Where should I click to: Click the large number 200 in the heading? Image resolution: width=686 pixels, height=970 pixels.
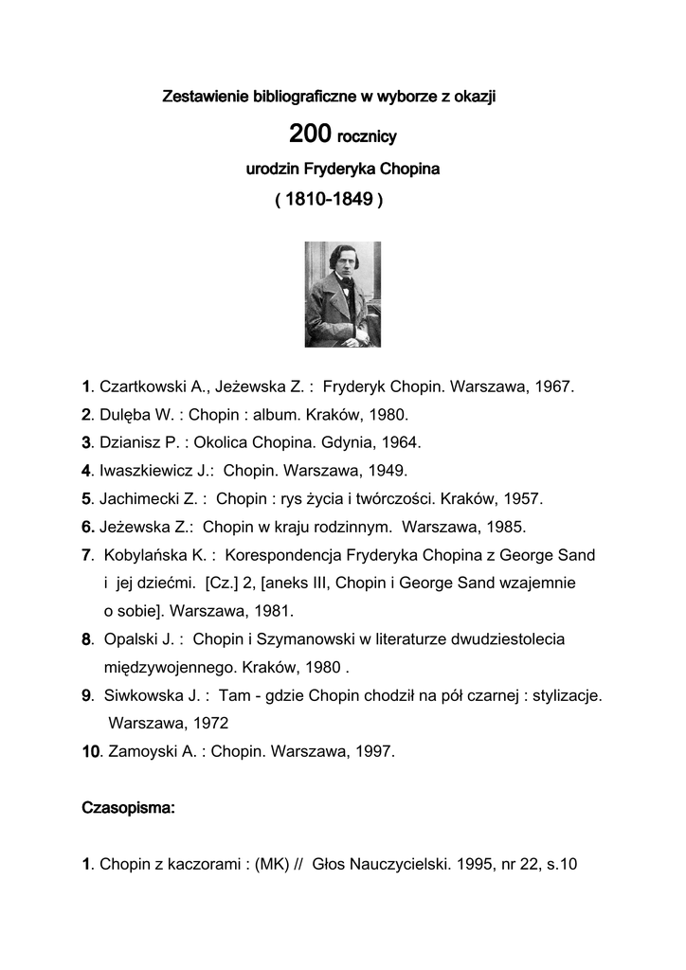310,135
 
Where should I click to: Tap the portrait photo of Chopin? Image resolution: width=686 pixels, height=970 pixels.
342,294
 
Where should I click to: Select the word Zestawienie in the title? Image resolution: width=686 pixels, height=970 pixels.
202,96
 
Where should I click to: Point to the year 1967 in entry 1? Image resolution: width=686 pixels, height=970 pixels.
553,387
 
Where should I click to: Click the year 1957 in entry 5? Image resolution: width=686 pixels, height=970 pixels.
523,498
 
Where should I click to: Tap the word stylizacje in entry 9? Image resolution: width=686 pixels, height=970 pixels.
566,695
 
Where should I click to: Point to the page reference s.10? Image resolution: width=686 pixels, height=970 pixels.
559,864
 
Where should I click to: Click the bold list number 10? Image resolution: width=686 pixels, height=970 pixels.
90,752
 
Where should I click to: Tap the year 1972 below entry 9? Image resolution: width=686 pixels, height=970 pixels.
210,723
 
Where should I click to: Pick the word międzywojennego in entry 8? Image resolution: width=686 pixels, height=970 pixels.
164,667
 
